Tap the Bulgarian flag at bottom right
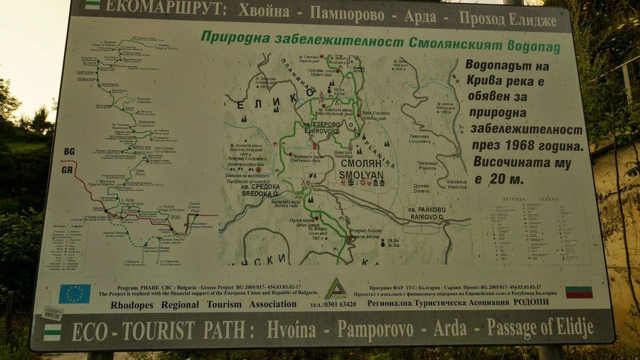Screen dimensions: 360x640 pyautogui.click(x=579, y=292)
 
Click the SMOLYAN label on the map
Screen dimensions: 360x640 pyautogui.click(x=361, y=172)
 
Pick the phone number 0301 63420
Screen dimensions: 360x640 pyautogui.click(x=334, y=304)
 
